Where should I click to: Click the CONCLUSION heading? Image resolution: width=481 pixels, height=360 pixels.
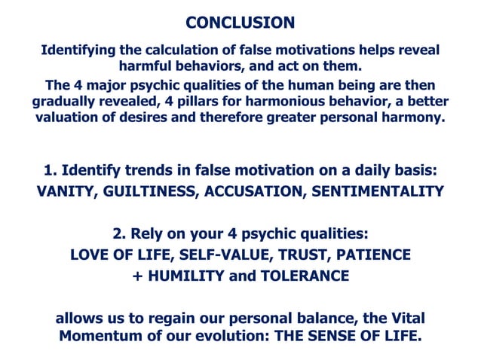(240, 23)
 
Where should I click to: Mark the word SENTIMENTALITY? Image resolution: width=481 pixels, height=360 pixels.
(380, 191)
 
